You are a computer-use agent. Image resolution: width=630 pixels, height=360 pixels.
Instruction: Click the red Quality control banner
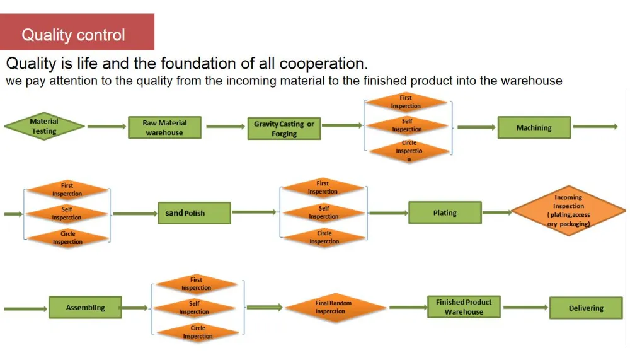click(x=77, y=32)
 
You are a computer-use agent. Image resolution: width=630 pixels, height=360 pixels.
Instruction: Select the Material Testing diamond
click(x=44, y=126)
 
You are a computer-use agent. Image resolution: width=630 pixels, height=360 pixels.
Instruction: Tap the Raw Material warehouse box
click(x=164, y=127)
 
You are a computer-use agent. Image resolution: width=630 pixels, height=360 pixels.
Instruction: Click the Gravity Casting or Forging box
click(x=284, y=129)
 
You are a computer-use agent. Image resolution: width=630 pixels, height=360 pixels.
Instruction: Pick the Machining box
click(x=534, y=127)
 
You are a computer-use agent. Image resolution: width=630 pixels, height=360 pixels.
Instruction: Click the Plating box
click(x=445, y=212)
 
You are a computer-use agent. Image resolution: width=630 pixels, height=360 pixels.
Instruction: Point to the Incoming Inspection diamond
click(x=568, y=211)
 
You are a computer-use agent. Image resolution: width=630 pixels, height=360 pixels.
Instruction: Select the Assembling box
click(x=86, y=308)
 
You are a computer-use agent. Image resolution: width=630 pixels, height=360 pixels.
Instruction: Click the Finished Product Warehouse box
click(x=464, y=307)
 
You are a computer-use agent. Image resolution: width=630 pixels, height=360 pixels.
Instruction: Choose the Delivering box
click(x=586, y=308)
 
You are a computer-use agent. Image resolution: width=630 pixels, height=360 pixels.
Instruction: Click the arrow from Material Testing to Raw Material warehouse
click(x=106, y=127)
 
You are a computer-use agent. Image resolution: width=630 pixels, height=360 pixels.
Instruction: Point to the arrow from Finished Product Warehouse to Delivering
click(x=525, y=308)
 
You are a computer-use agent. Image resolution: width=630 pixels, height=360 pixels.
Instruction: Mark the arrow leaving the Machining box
click(x=595, y=127)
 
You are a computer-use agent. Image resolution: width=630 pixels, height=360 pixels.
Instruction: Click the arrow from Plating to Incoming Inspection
click(x=497, y=212)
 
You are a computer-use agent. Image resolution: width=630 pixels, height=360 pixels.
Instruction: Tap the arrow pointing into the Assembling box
click(x=25, y=308)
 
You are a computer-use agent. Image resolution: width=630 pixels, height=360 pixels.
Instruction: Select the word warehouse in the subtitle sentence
click(x=531, y=81)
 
